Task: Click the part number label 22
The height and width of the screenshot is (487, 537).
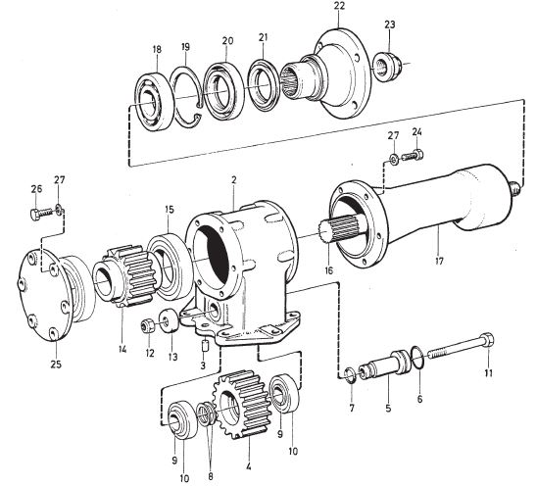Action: coord(338,6)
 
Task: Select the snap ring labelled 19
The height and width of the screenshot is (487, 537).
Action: coord(188,97)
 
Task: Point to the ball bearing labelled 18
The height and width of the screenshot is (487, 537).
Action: coord(154,101)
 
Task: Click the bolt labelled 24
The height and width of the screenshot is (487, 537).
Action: coord(412,156)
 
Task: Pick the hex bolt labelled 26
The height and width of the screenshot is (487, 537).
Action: coord(41,214)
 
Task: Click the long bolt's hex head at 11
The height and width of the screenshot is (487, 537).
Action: coord(487,338)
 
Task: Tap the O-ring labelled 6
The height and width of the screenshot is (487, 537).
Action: coord(418,359)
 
